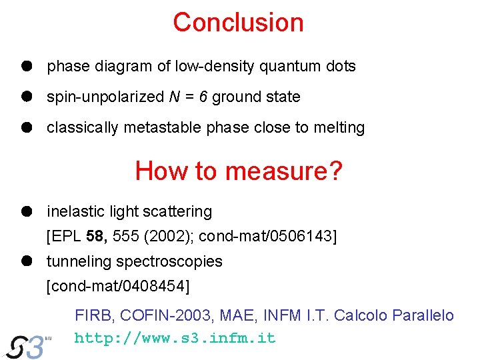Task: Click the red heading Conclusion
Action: point(238,23)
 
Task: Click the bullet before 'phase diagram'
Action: point(26,66)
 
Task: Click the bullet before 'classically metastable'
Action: point(26,127)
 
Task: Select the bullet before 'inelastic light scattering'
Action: point(26,211)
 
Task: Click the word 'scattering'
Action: point(181,212)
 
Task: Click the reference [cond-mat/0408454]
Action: point(118,286)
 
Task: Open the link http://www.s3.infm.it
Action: point(175,338)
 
